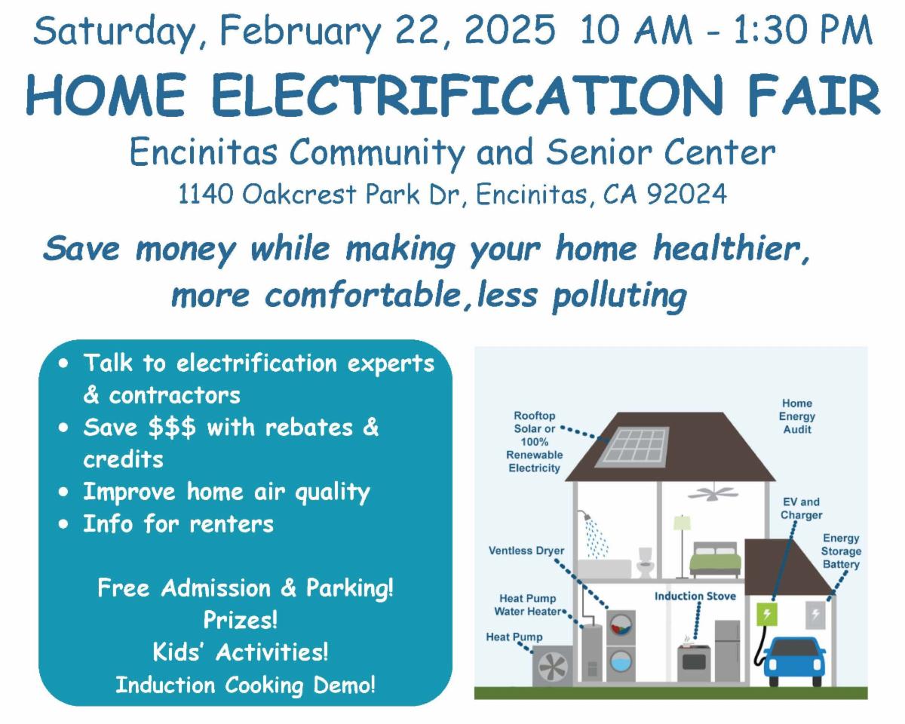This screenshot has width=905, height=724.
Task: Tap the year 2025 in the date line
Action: [510, 29]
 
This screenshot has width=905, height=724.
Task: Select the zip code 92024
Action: [687, 194]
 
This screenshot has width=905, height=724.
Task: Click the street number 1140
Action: [206, 194]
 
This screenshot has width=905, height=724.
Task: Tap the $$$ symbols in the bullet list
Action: [172, 428]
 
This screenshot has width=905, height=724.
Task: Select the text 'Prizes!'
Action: [241, 620]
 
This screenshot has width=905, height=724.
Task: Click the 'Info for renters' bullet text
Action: [178, 523]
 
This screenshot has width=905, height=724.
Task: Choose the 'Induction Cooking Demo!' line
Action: [245, 685]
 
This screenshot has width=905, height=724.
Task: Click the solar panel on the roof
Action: [632, 446]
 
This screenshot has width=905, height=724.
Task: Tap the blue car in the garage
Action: [793, 661]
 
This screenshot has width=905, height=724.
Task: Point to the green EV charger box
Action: [767, 614]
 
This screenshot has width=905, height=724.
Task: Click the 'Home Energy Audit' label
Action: [797, 416]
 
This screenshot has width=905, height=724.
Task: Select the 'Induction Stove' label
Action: [695, 596]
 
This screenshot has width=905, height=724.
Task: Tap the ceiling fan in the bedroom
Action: [712, 492]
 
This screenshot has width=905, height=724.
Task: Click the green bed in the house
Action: [716, 560]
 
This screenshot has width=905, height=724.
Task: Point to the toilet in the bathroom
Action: [645, 563]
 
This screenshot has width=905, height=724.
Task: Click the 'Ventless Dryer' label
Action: [526, 551]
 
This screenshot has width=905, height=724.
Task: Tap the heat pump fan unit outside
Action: [553, 666]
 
